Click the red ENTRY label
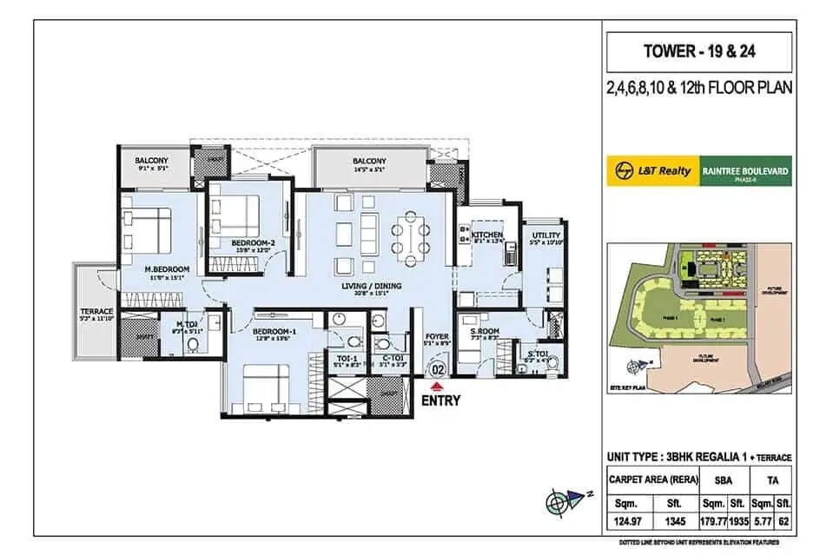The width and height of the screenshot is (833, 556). click(x=440, y=400)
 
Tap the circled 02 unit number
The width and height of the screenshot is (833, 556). click(x=439, y=369)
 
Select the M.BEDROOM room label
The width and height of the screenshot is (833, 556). click(x=168, y=269)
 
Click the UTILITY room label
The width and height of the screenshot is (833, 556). click(x=547, y=235)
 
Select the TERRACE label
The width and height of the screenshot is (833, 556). click(x=96, y=311)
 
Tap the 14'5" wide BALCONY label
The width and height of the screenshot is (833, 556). click(x=369, y=161)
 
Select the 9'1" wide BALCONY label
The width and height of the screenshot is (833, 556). click(x=152, y=161)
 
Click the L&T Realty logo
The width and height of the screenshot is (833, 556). click(x=654, y=171)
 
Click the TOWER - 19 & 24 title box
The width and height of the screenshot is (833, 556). click(x=699, y=51)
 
